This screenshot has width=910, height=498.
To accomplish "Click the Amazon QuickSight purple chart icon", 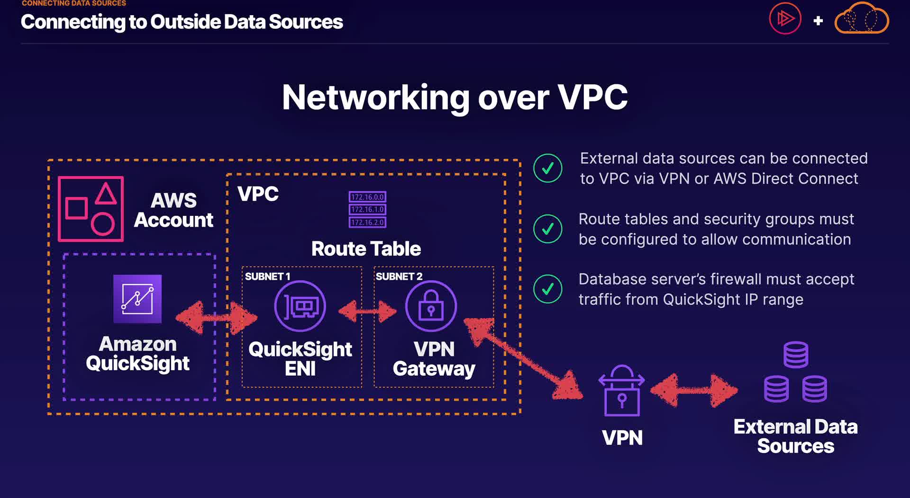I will pyautogui.click(x=137, y=299).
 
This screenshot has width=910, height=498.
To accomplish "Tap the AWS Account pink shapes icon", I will pyautogui.click(x=91, y=209).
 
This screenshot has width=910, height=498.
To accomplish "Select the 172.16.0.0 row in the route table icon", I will pyautogui.click(x=367, y=197).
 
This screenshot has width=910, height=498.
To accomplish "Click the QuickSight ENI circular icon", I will pyautogui.click(x=300, y=306).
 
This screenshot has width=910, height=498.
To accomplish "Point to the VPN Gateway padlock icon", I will pyautogui.click(x=431, y=306).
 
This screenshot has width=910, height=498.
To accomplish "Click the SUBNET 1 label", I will pyautogui.click(x=267, y=276).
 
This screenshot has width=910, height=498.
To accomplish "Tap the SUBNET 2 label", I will pyautogui.click(x=399, y=276).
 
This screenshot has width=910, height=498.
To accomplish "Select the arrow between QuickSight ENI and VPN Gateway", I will pyautogui.click(x=367, y=311).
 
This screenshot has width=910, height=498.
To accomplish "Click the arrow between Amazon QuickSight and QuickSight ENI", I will pyautogui.click(x=216, y=318).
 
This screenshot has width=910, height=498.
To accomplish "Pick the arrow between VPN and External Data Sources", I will pyautogui.click(x=694, y=391).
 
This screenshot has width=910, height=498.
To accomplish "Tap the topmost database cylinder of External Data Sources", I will pyautogui.click(x=796, y=355).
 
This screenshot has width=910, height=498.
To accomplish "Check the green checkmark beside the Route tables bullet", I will pyautogui.click(x=548, y=229).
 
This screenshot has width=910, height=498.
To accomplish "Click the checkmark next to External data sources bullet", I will pyautogui.click(x=548, y=168).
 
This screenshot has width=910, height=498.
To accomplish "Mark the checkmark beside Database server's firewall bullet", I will pyautogui.click(x=548, y=289).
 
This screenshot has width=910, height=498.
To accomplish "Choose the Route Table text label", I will pyautogui.click(x=366, y=249).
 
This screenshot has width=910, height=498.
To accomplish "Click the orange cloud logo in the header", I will pyautogui.click(x=862, y=19).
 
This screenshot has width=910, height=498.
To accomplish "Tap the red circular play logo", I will pyautogui.click(x=785, y=19).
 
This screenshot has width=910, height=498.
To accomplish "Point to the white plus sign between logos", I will pyautogui.click(x=818, y=21).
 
